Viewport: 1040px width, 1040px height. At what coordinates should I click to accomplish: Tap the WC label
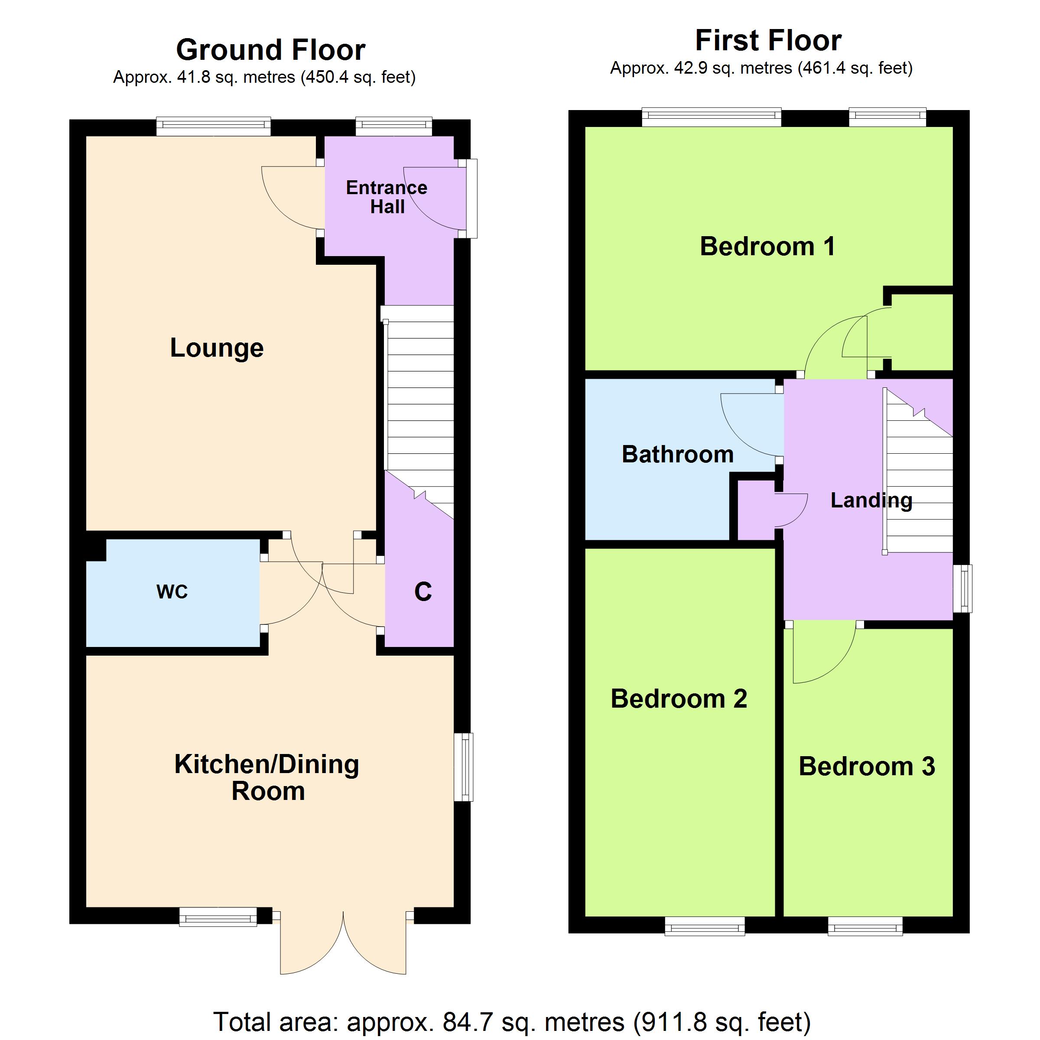coord(172,592)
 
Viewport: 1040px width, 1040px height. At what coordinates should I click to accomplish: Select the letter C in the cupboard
coord(423,591)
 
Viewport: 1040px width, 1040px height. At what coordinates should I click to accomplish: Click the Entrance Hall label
coord(387,197)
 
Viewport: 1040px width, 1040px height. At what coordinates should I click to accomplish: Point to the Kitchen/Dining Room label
coord(267,778)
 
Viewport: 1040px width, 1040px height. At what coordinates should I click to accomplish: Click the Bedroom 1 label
coord(767,247)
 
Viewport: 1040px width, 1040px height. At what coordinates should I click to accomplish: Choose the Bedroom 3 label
coord(867,767)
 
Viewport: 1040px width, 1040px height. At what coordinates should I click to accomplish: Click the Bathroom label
coord(678,454)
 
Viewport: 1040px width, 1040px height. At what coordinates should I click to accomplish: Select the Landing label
coord(871,500)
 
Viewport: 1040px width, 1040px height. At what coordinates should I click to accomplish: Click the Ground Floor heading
coord(271,50)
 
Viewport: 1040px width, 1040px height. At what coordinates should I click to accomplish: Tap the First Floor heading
coord(768,40)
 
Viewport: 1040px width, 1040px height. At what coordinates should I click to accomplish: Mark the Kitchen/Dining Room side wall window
coord(464,767)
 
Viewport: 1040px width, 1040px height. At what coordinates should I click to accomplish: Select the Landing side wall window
coord(962,588)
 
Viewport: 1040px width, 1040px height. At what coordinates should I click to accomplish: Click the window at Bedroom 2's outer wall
coord(705,926)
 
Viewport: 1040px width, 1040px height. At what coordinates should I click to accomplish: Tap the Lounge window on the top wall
coord(214,127)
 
